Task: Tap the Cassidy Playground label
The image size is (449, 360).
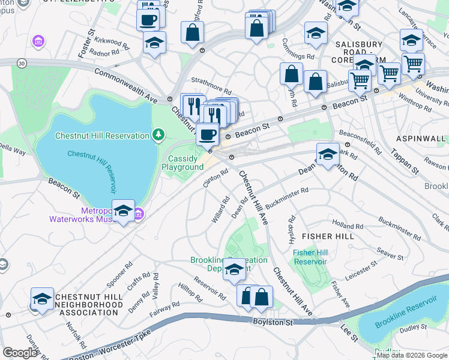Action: coord(182,163)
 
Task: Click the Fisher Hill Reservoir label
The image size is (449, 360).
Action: coord(310,257)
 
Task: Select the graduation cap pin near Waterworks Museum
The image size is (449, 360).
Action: coord(123,211)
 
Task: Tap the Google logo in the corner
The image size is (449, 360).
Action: coord(20,353)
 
